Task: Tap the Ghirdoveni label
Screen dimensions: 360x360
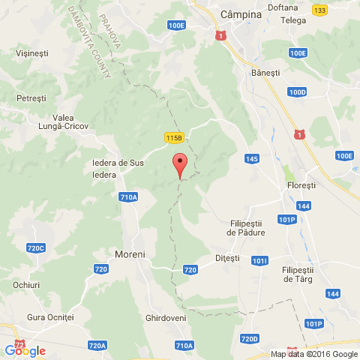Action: pos(166,318)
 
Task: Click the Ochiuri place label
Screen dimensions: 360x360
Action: pos(26,285)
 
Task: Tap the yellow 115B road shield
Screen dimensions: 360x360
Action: pos(174,137)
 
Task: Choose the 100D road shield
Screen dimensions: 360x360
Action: pos(297,92)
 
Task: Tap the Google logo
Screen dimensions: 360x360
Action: pos(25,350)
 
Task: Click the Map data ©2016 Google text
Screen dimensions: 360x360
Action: pos(314,355)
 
